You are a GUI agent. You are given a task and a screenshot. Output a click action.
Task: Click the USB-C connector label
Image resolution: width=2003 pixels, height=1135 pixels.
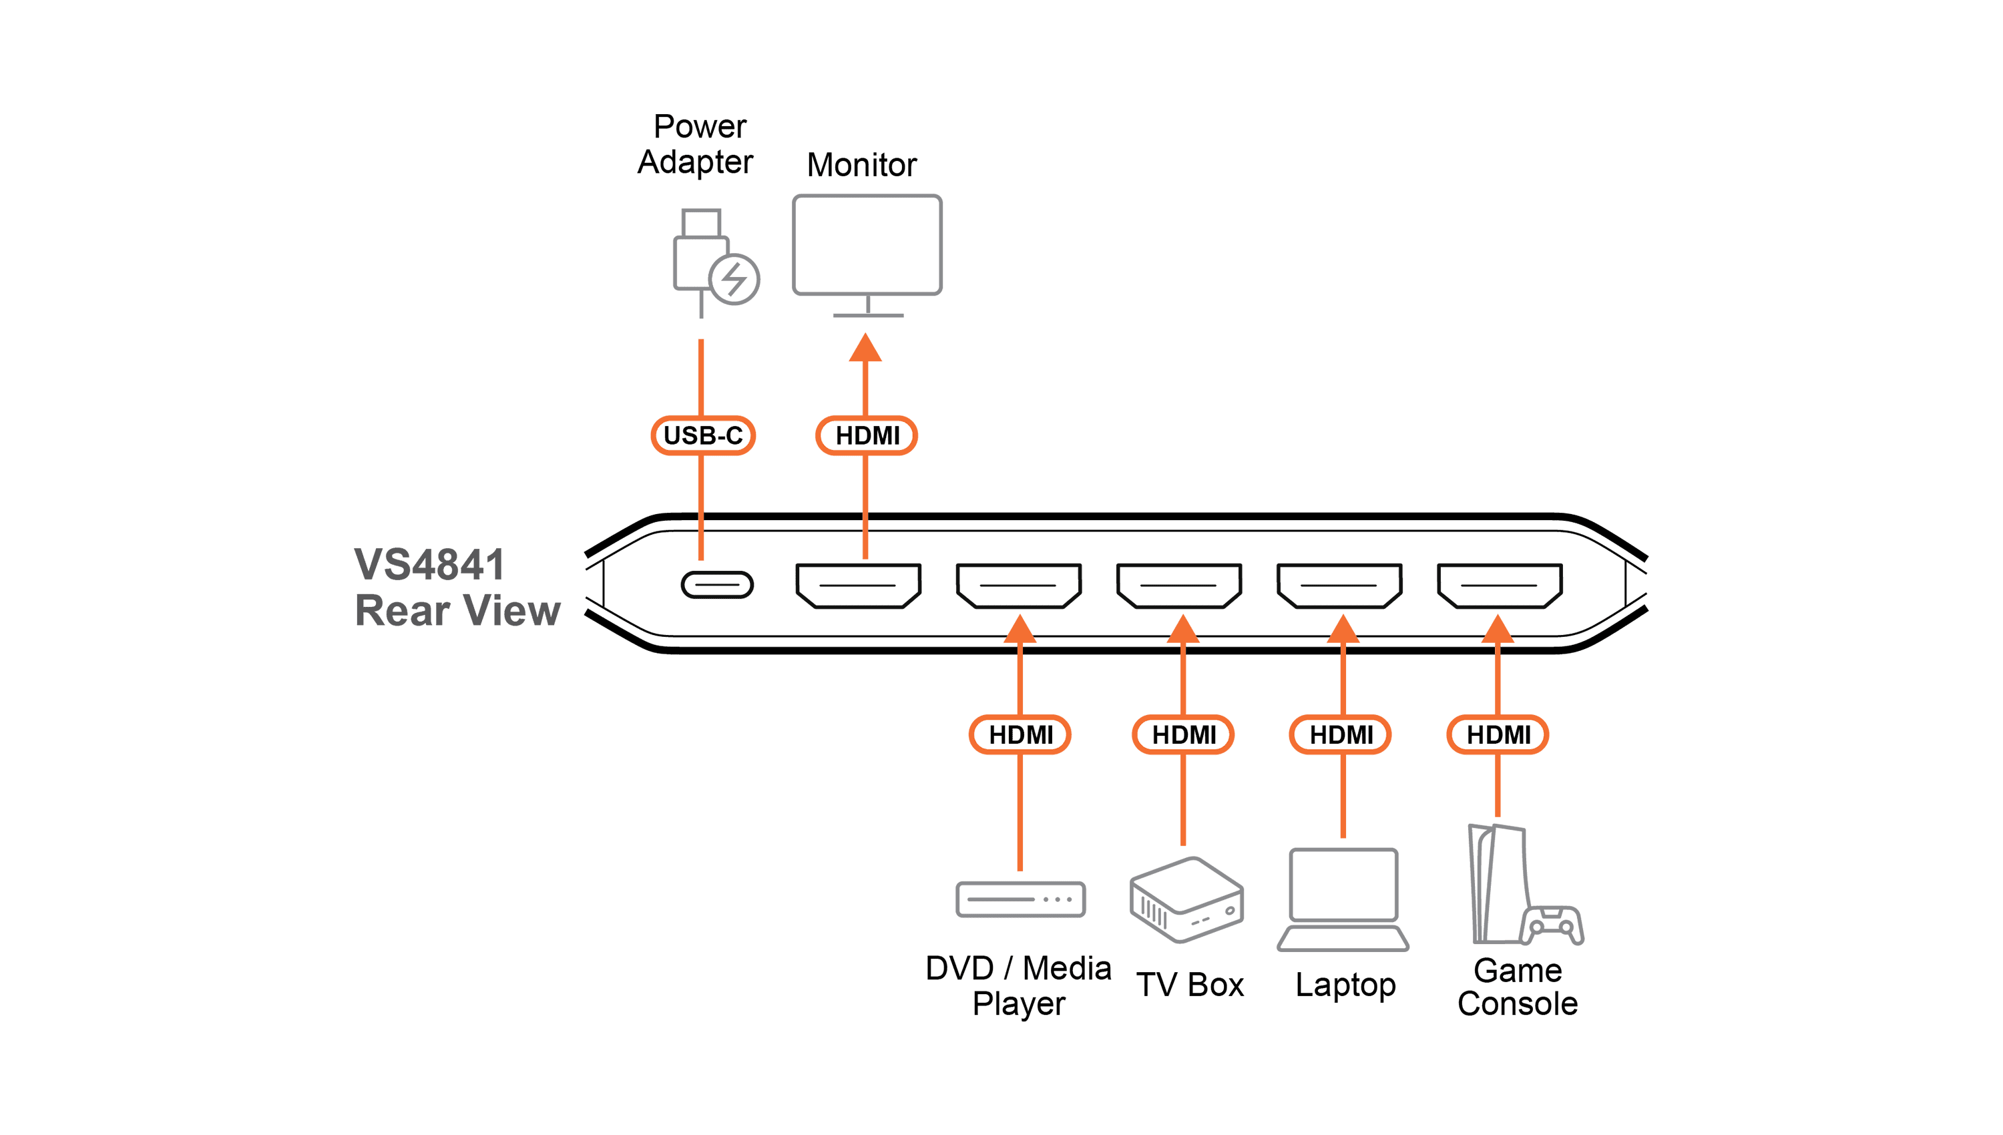[x=702, y=435]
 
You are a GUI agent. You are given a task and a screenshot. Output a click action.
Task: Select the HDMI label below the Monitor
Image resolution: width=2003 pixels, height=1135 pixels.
[x=866, y=435]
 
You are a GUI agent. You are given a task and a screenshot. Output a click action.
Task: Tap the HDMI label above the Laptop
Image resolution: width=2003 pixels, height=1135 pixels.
[x=1341, y=734]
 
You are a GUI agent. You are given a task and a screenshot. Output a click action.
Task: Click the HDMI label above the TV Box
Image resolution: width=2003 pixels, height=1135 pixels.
[x=1183, y=734]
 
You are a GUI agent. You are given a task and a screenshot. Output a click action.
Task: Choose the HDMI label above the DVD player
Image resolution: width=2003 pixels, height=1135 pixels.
[x=1020, y=734]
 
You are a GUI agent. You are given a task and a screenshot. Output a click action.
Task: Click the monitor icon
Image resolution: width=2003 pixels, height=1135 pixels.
[x=867, y=256]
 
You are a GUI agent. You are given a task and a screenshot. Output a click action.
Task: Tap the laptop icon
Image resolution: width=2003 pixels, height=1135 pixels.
[x=1343, y=899]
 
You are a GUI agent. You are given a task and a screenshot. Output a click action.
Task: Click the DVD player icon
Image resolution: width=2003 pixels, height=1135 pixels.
[x=1020, y=899]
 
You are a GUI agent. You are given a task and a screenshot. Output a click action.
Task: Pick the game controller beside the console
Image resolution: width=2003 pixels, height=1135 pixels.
[x=1552, y=925]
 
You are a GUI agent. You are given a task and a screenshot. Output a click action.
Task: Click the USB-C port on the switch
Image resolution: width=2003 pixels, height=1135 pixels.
[x=717, y=585]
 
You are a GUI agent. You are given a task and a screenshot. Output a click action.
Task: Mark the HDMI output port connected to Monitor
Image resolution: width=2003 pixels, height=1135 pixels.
[x=858, y=586]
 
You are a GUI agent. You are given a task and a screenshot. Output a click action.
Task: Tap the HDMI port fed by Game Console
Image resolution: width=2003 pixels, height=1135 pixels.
[x=1500, y=586]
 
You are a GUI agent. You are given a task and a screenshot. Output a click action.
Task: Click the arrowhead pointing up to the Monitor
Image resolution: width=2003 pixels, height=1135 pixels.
[x=865, y=348]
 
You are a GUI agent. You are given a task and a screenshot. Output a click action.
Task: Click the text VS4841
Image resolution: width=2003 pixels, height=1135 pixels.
[x=429, y=564]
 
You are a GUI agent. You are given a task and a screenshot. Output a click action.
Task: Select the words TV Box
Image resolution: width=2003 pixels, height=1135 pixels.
[x=1189, y=985]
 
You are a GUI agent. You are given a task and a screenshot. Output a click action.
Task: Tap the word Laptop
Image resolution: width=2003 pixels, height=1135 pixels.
[x=1345, y=986]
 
